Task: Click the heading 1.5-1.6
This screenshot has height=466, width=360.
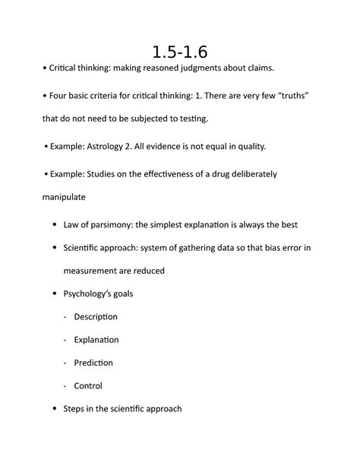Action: pos(179,52)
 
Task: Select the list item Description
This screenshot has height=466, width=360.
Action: pos(96,316)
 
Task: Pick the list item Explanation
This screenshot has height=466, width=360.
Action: pos(96,339)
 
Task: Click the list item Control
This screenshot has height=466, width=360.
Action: pos(88,385)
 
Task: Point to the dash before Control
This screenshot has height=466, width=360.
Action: pos(66,385)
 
